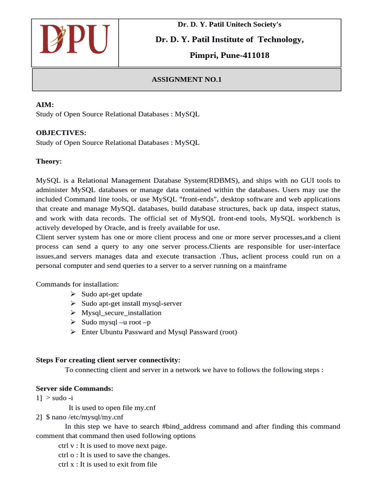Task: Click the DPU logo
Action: (x=75, y=40)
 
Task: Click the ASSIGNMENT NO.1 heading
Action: (x=187, y=80)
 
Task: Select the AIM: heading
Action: (x=45, y=105)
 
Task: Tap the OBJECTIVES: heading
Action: (x=61, y=133)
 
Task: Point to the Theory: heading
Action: (x=49, y=161)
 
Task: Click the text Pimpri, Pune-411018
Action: (x=229, y=56)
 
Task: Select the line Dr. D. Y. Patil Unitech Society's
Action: (x=229, y=25)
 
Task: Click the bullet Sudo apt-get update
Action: (x=112, y=294)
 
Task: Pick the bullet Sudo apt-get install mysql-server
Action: (x=132, y=304)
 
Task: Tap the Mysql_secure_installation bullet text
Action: (x=121, y=313)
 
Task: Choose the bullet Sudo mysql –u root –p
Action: (x=116, y=322)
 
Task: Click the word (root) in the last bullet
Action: (x=228, y=332)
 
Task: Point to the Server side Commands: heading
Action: (x=75, y=389)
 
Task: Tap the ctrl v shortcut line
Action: (x=112, y=446)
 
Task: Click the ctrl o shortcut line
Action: (x=114, y=455)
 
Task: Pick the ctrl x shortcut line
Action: (x=108, y=464)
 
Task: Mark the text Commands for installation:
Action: (x=78, y=284)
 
